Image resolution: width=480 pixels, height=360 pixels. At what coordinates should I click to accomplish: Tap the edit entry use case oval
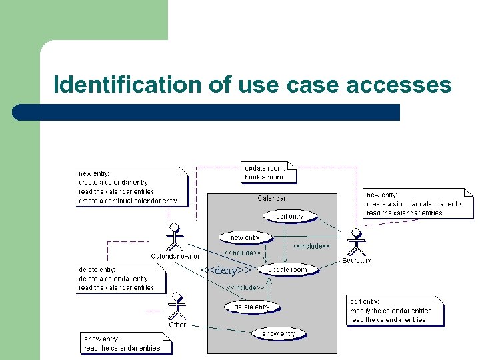290,216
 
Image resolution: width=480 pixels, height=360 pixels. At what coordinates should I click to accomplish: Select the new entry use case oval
245,237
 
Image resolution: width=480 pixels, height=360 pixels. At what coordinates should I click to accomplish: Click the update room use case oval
287,269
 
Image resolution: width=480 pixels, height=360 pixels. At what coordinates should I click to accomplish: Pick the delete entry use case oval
252,307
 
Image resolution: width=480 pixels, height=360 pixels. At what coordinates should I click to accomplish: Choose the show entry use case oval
279,333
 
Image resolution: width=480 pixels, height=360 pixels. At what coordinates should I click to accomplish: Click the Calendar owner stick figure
175,237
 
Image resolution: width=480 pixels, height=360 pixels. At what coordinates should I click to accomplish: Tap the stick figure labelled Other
177,306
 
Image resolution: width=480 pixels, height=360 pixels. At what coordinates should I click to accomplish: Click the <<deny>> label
227,270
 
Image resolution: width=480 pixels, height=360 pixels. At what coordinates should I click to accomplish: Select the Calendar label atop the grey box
271,198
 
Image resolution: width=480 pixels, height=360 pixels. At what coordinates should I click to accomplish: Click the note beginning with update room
268,172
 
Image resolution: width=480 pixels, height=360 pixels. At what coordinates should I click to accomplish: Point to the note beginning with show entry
126,343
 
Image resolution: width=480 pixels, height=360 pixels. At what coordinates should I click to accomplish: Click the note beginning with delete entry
119,279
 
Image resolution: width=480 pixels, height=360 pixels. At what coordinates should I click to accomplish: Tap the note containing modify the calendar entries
395,311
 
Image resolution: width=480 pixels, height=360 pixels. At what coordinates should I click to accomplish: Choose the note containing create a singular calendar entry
418,203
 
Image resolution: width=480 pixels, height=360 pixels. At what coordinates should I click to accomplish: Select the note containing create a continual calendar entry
131,187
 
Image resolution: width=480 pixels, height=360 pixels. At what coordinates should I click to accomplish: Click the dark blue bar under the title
207,112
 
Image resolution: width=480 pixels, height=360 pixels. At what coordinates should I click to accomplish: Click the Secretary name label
357,260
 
